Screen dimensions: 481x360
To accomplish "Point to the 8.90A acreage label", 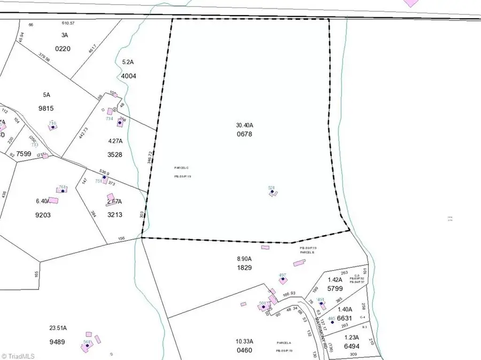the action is click(x=244, y=259).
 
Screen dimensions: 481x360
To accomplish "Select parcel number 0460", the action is click(x=243, y=350).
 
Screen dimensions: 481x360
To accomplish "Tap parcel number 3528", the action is click(x=114, y=155).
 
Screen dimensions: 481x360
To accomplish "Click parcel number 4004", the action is click(x=129, y=76).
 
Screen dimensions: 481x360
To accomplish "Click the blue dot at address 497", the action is click(x=282, y=279).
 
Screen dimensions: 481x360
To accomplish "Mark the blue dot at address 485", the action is click(x=332, y=322).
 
